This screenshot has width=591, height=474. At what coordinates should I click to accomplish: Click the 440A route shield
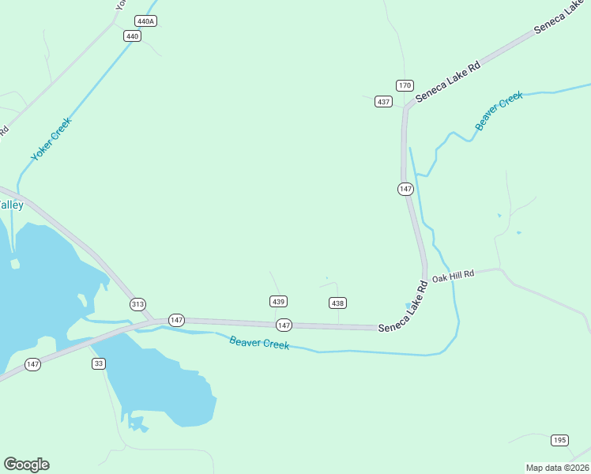click(x=145, y=21)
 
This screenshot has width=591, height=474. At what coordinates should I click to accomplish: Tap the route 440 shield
click(x=132, y=36)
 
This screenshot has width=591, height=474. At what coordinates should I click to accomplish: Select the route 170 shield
click(x=405, y=85)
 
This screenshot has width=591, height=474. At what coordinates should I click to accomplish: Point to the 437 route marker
click(x=384, y=102)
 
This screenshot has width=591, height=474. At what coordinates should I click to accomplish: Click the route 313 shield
click(x=138, y=304)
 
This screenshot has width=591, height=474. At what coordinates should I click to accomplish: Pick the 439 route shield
click(x=278, y=302)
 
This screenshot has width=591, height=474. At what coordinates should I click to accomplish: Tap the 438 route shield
click(x=337, y=303)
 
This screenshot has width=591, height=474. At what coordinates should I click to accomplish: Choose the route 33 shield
click(x=99, y=363)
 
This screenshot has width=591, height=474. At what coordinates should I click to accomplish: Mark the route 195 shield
click(x=559, y=440)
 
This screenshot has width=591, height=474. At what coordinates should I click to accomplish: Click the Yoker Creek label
click(x=51, y=140)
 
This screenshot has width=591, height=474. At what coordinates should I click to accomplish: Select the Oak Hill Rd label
click(x=453, y=274)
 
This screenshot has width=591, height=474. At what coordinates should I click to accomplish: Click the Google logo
click(x=26, y=465)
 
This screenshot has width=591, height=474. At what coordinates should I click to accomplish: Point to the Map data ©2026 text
click(x=558, y=468)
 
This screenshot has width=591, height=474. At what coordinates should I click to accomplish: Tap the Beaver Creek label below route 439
click(x=259, y=344)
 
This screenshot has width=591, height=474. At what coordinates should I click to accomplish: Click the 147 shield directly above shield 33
click(x=32, y=364)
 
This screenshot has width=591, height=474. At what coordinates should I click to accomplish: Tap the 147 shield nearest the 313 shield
click(x=176, y=320)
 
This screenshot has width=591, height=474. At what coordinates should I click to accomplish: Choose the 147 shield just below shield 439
click(x=284, y=325)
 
